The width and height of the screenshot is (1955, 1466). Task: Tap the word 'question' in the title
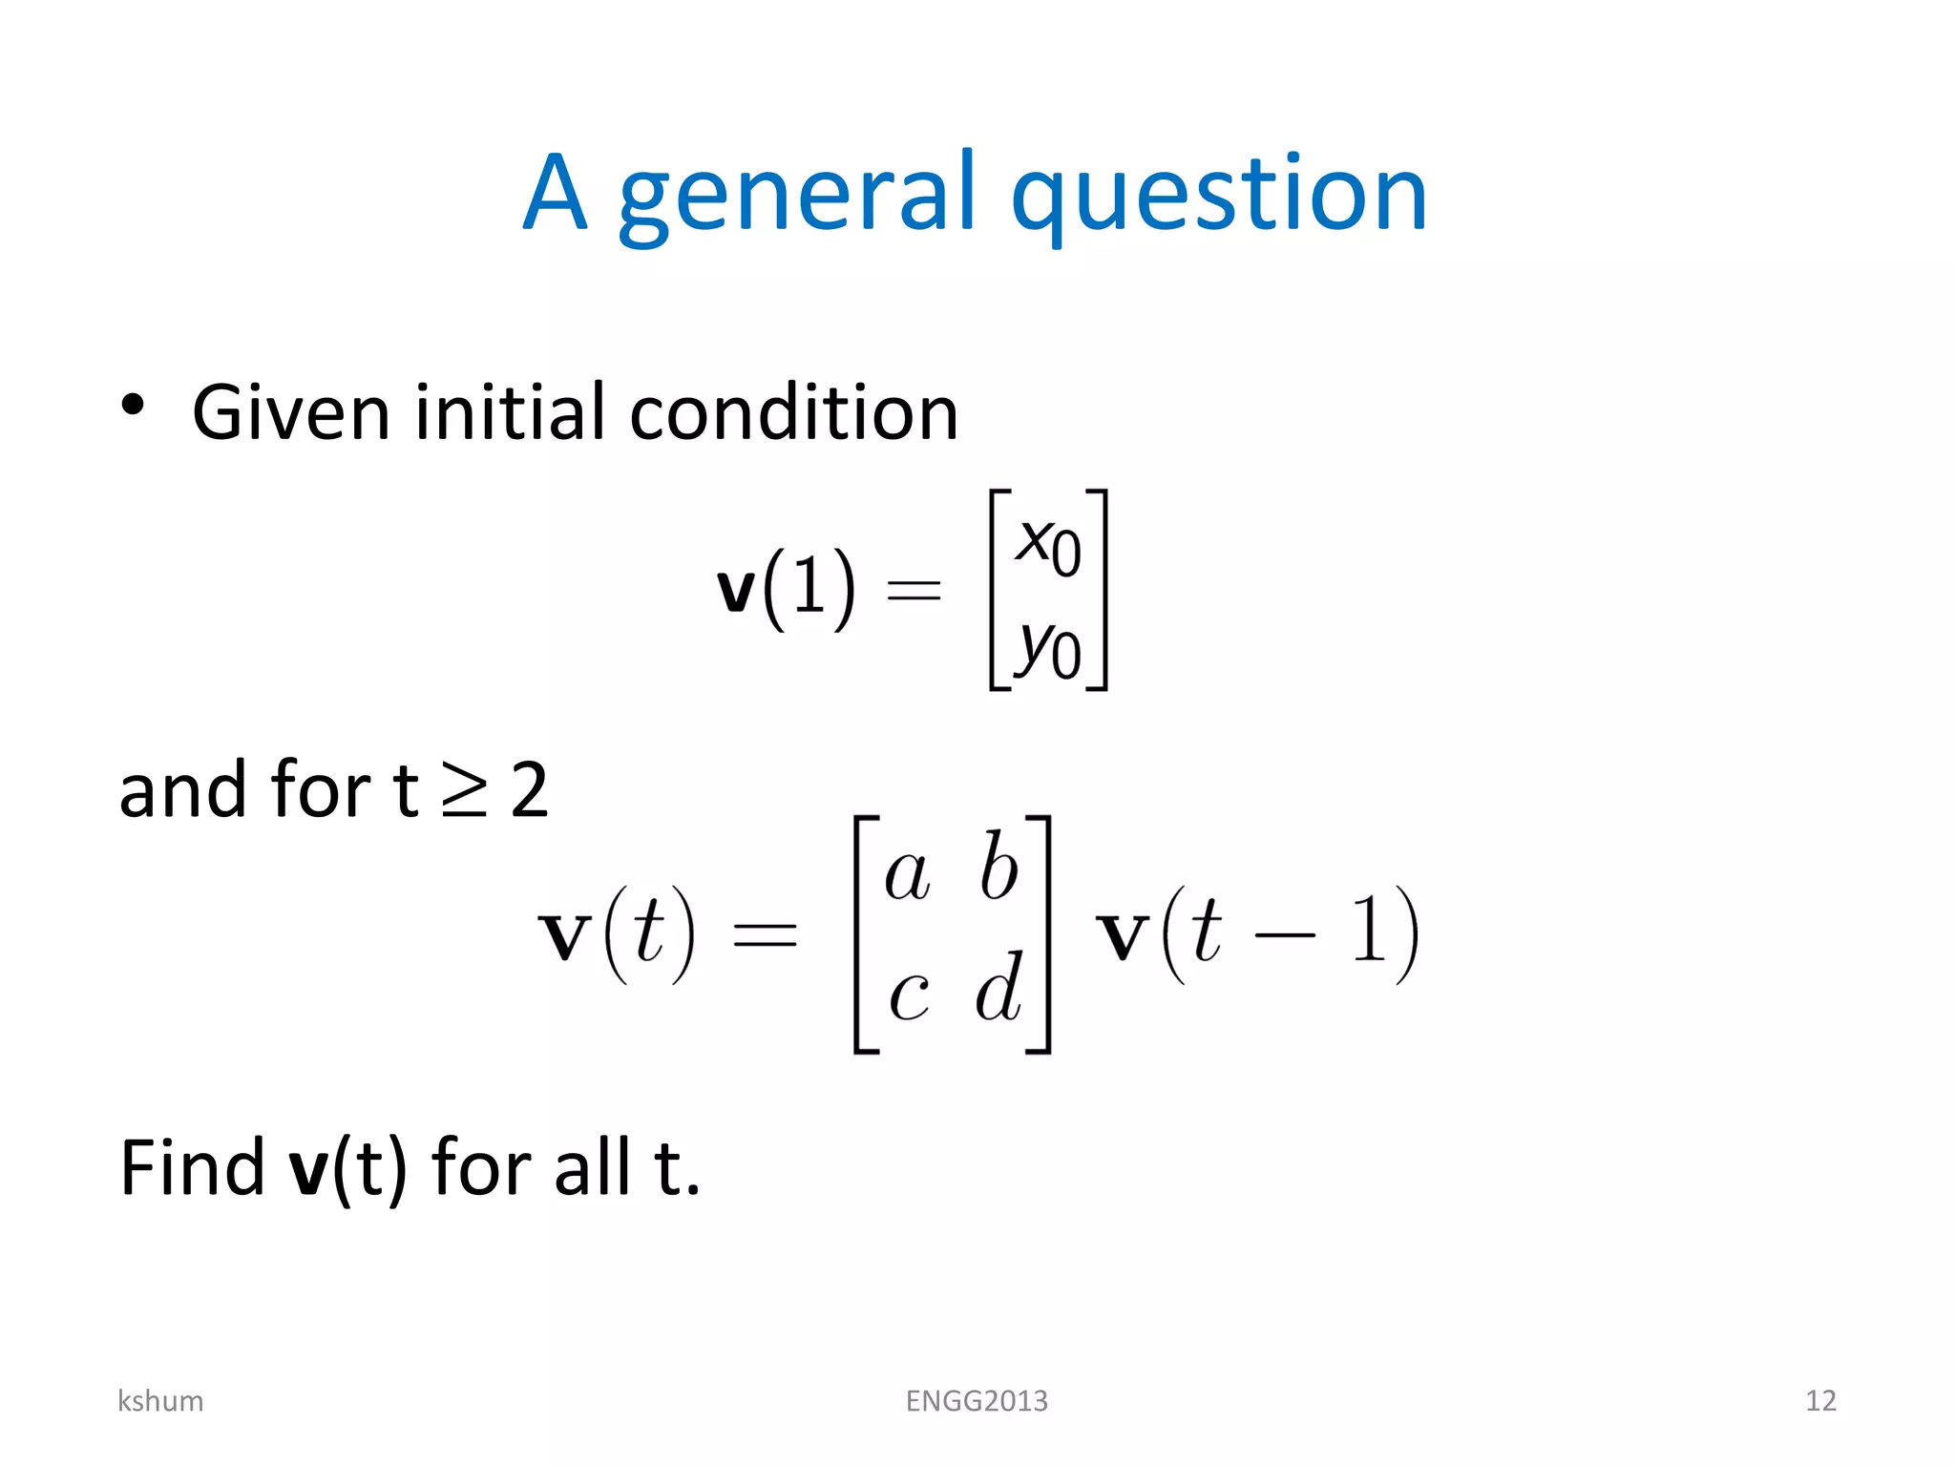[x=1218, y=196]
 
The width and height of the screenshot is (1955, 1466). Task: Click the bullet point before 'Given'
[x=133, y=405]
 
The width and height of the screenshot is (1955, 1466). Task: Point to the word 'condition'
[x=793, y=412]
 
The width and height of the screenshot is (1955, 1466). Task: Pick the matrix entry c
[x=908, y=995]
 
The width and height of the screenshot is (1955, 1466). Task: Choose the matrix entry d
[x=999, y=987]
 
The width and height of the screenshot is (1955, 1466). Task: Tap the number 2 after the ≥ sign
[x=530, y=790]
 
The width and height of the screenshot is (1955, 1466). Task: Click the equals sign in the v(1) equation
[x=914, y=590]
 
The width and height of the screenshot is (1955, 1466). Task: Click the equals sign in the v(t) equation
[x=764, y=934]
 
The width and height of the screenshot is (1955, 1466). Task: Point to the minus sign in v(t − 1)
[x=1284, y=935]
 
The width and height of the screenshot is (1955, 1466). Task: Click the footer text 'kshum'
[x=160, y=1400]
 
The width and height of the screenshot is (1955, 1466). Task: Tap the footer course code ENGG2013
[x=977, y=1400]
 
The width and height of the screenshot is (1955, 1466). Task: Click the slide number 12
[x=1820, y=1400]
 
